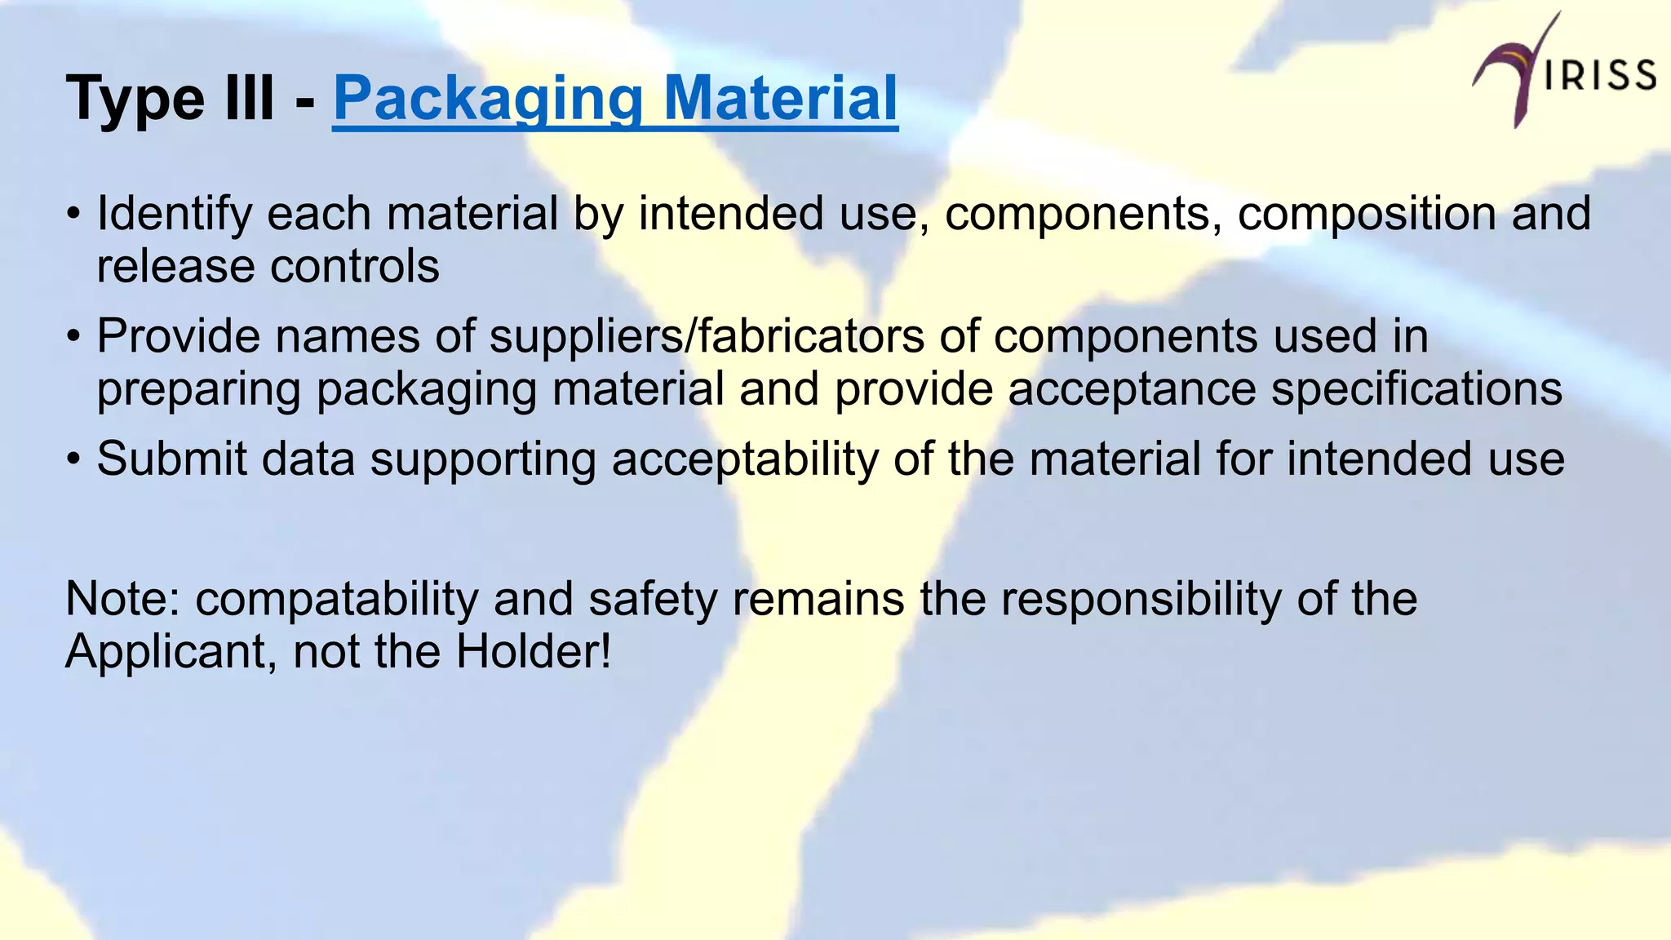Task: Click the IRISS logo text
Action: coord(1599,76)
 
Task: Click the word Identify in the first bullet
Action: coord(175,214)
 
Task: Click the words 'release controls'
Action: coord(268,266)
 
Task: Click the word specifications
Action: coord(1416,388)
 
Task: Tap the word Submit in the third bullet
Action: coord(171,459)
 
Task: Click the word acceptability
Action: coord(745,459)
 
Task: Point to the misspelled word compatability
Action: coord(337,599)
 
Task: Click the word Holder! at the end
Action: coord(533,651)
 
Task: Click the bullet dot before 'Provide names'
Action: coord(74,336)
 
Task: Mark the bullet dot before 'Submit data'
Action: coord(74,459)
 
